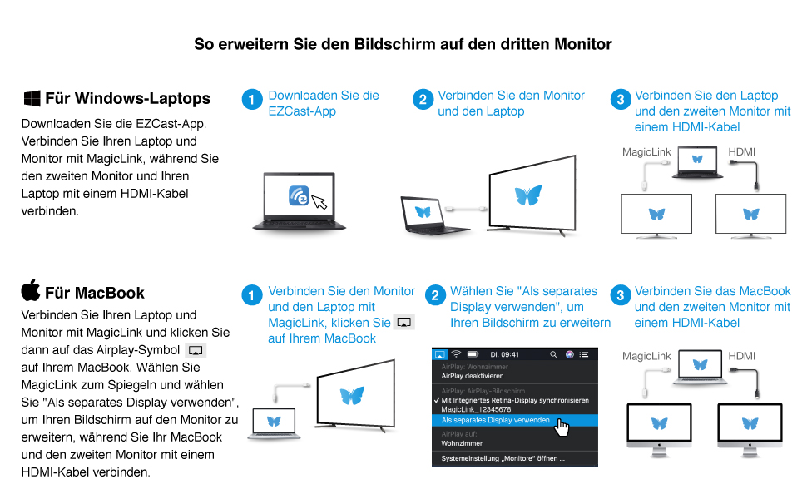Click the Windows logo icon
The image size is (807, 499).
32,99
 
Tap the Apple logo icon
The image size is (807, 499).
31,291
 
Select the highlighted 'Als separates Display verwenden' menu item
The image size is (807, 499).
495,421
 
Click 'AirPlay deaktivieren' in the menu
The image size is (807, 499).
472,376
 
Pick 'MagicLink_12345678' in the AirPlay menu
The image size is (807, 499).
477,409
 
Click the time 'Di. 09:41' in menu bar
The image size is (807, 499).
505,354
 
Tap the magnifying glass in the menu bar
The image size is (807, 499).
553,354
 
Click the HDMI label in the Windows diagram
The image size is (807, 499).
742,152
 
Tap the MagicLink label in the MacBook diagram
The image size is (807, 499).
646,356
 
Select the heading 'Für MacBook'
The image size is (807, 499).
95,293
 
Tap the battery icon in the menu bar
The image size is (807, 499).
473,354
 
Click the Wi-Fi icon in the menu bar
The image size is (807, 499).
456,354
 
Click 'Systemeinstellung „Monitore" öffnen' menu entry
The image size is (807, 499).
503,458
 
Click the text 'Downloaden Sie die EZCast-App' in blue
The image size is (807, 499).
323,103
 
